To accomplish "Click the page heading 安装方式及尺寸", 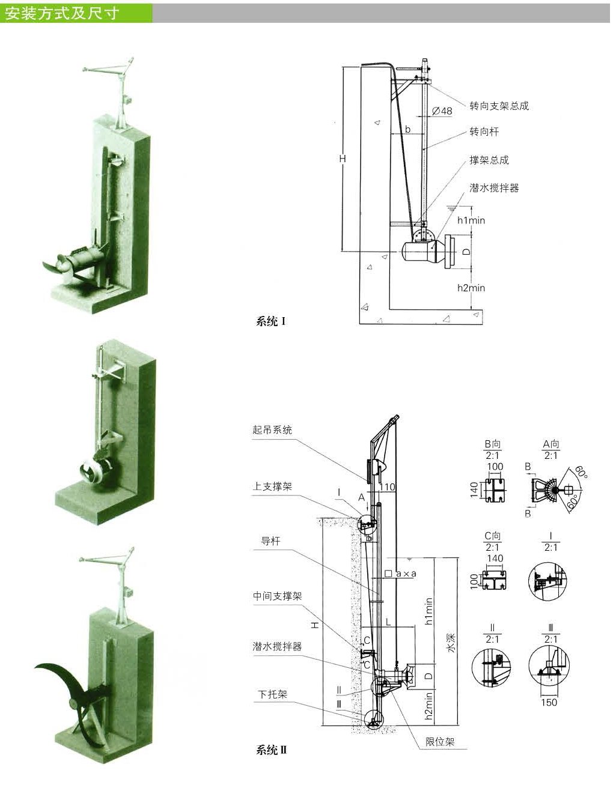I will [62, 13].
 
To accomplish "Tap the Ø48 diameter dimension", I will [442, 111].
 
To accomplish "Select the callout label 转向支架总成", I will [499, 106].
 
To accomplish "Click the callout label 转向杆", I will [484, 132].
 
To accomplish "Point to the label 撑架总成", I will [489, 160].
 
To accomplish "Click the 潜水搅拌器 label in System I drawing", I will [493, 188].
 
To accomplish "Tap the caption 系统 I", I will [270, 321].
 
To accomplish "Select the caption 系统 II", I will [272, 750].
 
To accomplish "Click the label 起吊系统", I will [272, 430].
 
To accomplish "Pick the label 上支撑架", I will [272, 486].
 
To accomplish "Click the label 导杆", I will [270, 541].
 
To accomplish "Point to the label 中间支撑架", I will [276, 596].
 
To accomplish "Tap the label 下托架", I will [272, 694].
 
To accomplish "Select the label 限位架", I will [440, 742].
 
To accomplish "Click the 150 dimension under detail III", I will [548, 702].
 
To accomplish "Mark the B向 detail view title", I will [492, 444].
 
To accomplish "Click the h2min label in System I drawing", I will [471, 288].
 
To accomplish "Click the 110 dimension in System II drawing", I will [387, 486].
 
